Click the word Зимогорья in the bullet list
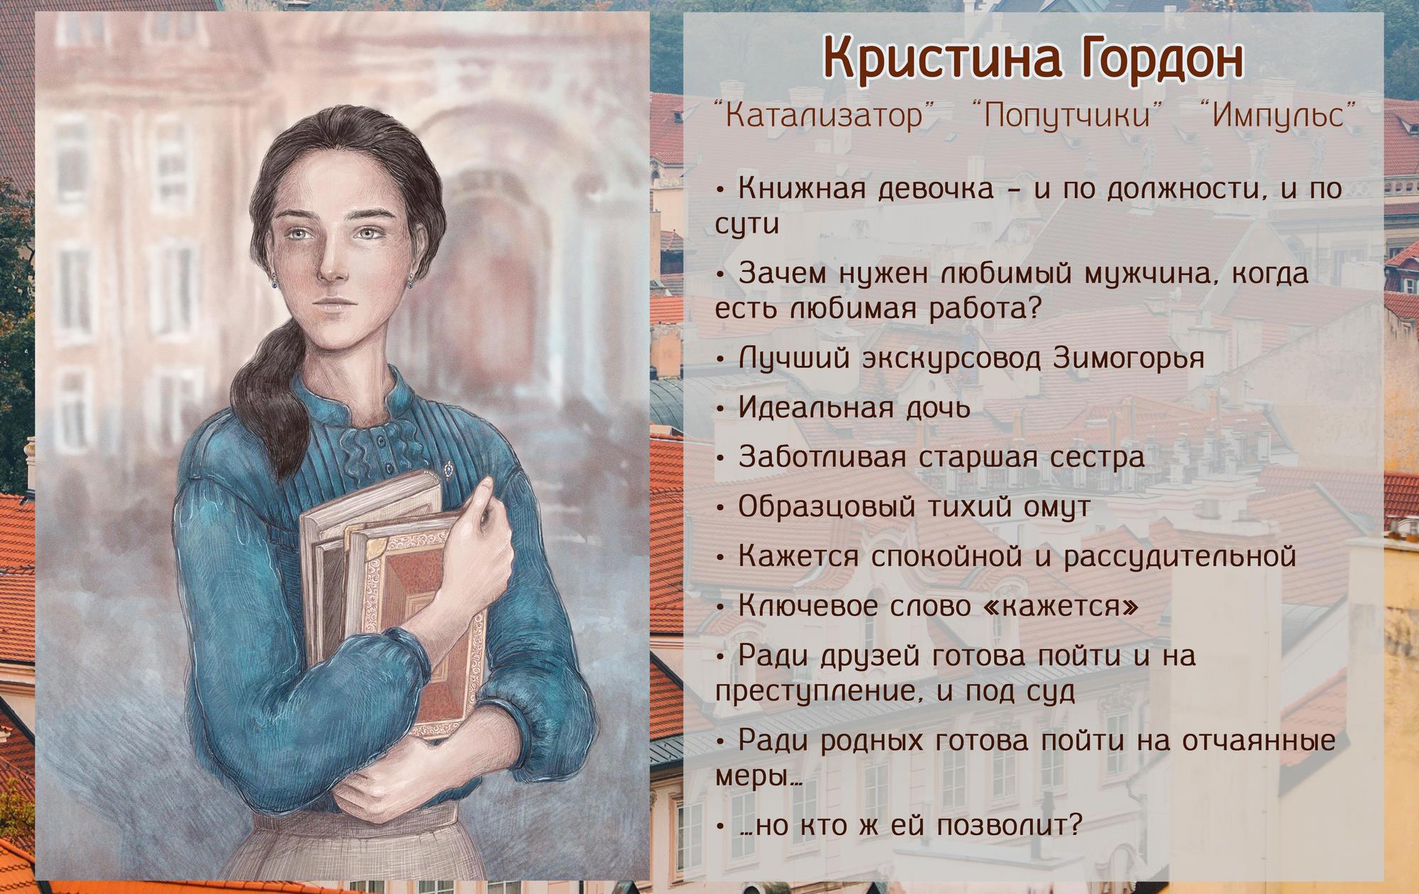1129,358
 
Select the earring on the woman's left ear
410,282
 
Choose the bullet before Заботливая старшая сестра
720,458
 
